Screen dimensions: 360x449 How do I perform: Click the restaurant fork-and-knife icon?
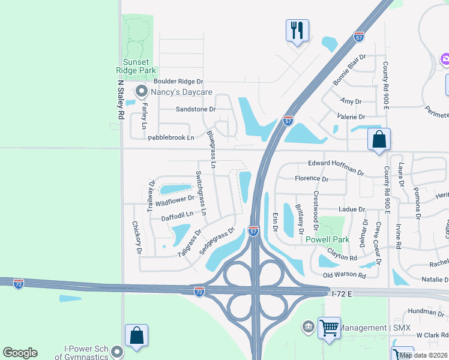tap(297, 30)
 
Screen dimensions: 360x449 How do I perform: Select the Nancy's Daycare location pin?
tap(142, 92)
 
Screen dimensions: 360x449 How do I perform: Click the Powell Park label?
tap(327, 239)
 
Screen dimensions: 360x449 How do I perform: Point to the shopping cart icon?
tap(329, 328)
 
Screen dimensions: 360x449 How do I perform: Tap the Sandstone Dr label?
tap(196, 109)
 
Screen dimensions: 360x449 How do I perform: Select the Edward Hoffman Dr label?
tap(336, 167)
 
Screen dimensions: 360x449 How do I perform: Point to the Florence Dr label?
tap(312, 179)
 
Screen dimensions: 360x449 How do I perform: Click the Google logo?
tap(20, 353)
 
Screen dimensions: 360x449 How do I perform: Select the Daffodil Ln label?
tap(177, 214)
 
